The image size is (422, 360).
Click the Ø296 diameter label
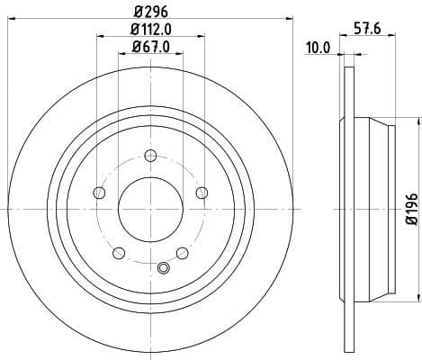150,11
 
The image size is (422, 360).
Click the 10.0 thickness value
319,49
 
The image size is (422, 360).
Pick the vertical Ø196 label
411,209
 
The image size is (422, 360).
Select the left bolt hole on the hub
99,193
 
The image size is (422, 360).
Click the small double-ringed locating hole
163,267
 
